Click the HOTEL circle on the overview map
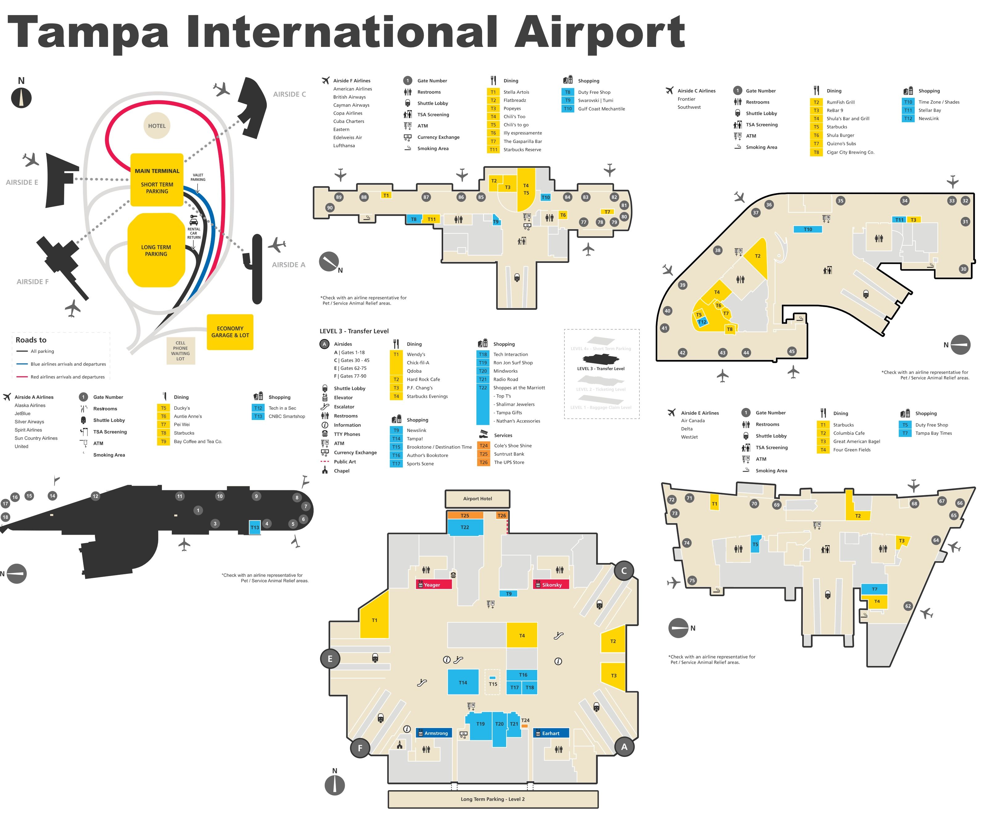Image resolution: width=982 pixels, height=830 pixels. tap(157, 126)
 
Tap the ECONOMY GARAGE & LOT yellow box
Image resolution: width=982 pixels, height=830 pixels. tap(230, 332)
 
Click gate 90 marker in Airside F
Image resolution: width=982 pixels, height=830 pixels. tap(330, 207)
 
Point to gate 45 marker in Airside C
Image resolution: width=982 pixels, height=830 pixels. tap(791, 351)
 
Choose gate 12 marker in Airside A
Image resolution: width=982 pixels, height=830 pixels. tap(96, 496)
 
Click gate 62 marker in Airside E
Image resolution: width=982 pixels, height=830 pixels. tap(908, 606)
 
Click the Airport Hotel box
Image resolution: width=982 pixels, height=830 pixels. tap(477, 499)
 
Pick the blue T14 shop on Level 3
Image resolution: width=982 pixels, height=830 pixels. tap(463, 682)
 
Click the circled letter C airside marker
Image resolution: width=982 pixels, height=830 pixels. tap(624, 571)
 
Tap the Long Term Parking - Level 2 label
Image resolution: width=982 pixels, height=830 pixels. tap(493, 799)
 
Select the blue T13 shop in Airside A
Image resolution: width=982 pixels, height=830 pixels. tap(254, 527)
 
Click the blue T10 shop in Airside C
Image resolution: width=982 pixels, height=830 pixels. tap(807, 230)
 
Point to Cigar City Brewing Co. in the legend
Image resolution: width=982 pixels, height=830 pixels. tap(850, 152)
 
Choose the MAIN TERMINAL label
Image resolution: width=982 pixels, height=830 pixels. tap(157, 171)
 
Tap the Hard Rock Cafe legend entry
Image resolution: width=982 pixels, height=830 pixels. tap(423, 379)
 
